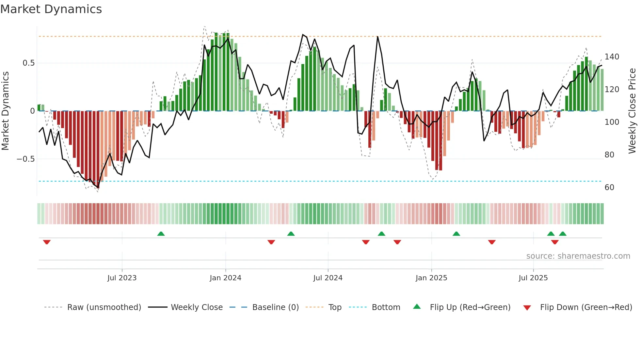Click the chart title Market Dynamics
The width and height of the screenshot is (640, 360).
pyautogui.click(x=51, y=9)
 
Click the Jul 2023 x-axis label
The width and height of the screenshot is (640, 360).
pyautogui.click(x=122, y=278)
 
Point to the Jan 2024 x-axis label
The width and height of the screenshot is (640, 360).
pyautogui.click(x=225, y=278)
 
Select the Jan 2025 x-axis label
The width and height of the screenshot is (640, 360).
pyautogui.click(x=431, y=278)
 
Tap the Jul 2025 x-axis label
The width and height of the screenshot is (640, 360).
pyautogui.click(x=533, y=278)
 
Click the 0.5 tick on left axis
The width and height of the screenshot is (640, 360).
pyautogui.click(x=29, y=63)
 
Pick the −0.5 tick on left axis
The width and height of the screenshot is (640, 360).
pyautogui.click(x=26, y=159)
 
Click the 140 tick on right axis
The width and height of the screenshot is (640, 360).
pyautogui.click(x=612, y=57)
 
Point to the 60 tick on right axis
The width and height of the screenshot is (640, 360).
pyautogui.click(x=609, y=188)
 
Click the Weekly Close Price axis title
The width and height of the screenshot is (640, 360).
pyautogui.click(x=632, y=111)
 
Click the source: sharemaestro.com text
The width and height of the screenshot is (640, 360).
pyautogui.click(x=578, y=256)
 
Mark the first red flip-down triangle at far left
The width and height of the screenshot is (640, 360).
pyautogui.click(x=47, y=242)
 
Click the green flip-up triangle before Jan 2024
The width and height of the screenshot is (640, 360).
pyautogui.click(x=161, y=234)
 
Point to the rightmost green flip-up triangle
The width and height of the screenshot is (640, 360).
pyautogui.click(x=563, y=234)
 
